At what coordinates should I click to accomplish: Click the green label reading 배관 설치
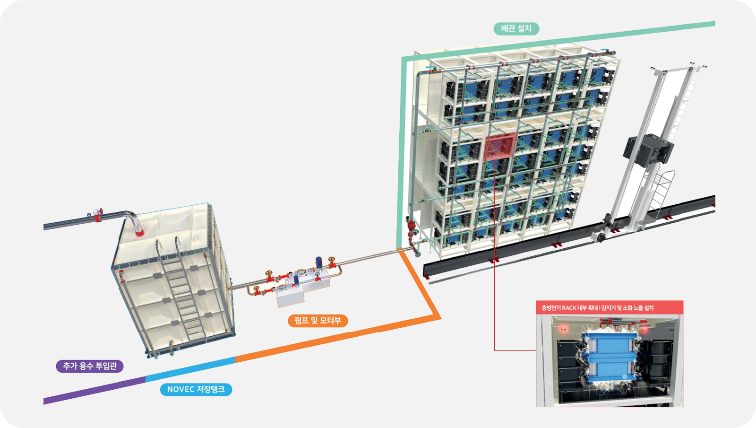point(516,29)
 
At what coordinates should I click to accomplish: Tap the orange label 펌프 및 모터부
point(318,321)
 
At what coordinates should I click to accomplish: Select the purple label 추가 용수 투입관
point(90,366)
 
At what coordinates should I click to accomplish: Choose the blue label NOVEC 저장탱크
point(196,389)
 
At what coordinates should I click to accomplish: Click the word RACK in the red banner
point(569,308)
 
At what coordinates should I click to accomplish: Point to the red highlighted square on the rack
point(499,147)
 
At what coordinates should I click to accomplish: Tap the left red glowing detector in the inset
point(563,327)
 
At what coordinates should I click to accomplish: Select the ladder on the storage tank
point(182,288)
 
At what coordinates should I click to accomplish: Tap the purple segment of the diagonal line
point(94,390)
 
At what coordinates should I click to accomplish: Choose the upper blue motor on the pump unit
point(318,262)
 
